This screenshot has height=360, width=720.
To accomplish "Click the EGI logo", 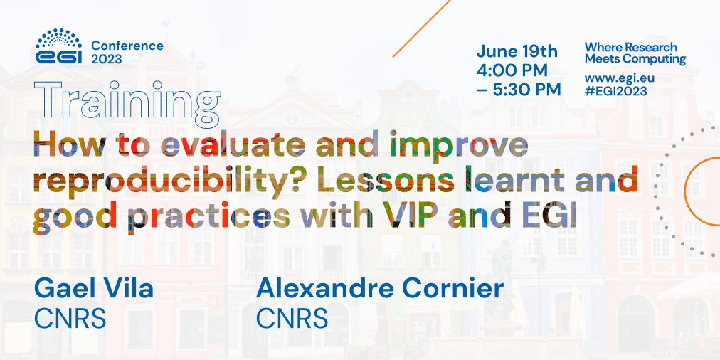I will [58, 47].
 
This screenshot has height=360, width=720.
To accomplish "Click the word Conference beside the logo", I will [127, 46].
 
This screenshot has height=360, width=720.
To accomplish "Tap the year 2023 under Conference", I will [106, 59].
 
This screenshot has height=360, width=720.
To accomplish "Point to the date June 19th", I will [517, 52].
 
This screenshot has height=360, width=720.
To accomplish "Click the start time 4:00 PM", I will [512, 70].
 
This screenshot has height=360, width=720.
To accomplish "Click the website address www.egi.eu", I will [619, 78].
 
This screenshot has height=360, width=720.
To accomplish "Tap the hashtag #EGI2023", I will [616, 91].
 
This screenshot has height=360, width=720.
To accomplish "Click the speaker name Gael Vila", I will [93, 289].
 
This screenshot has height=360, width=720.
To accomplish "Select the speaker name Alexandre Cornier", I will [380, 289].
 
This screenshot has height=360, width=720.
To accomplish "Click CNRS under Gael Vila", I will [70, 318].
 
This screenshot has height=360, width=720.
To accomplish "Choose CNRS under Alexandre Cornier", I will [292, 318].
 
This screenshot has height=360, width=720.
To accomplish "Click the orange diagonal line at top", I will [421, 28].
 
